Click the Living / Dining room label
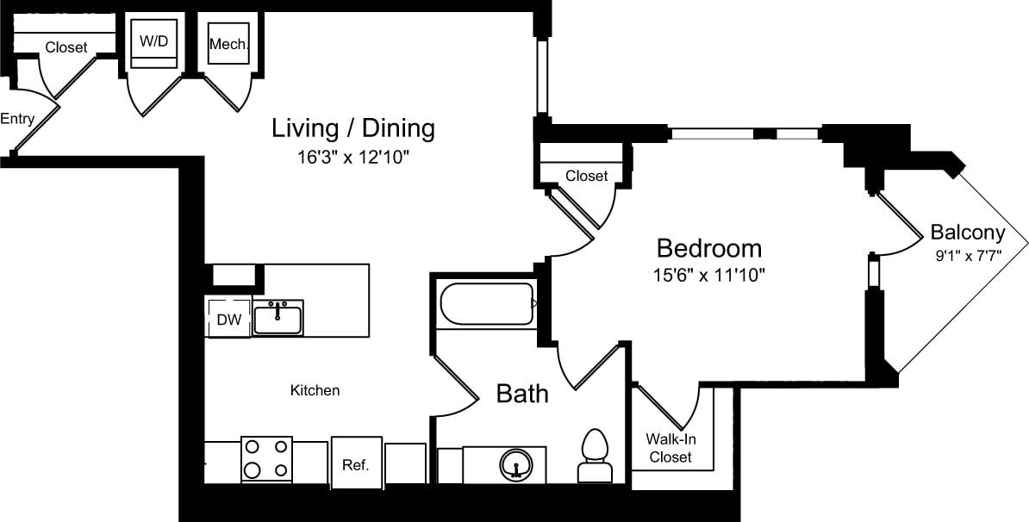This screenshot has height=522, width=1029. (353, 129)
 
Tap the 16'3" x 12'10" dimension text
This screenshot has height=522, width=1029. (353, 158)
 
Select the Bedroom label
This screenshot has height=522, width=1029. (708, 248)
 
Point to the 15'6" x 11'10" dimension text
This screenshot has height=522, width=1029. (708, 276)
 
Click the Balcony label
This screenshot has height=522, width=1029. (967, 232)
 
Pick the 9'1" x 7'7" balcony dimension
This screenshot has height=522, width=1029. (967, 256)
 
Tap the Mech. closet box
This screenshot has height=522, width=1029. (229, 43)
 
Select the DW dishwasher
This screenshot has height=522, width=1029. (228, 320)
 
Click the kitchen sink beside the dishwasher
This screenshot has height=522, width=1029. (278, 317)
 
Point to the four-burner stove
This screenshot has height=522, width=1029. (266, 459)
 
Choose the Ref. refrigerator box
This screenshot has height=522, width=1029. (356, 464)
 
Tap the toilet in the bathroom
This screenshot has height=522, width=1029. (594, 457)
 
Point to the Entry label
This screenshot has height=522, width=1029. (17, 119)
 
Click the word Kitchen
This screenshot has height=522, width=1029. (315, 390)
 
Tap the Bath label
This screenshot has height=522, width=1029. (522, 394)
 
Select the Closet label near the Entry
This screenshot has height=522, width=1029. (66, 47)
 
